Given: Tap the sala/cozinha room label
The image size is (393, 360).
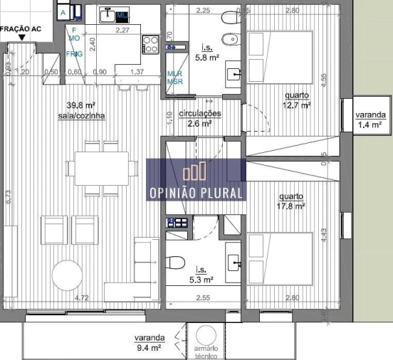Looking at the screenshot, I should (x=81, y=115).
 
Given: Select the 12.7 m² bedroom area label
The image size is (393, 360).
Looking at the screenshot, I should (x=297, y=105).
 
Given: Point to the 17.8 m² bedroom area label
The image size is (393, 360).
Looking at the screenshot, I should (x=292, y=206).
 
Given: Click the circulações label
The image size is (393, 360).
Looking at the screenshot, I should (x=199, y=113).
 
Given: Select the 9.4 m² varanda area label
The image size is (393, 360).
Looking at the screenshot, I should (x=150, y=347).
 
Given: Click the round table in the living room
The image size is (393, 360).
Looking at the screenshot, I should (x=65, y=275).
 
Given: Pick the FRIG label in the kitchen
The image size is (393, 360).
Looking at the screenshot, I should (x=74, y=54).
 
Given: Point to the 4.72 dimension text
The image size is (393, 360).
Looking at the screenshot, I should (x=82, y=298).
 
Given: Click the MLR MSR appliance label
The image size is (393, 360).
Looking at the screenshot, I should (x=174, y=77).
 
